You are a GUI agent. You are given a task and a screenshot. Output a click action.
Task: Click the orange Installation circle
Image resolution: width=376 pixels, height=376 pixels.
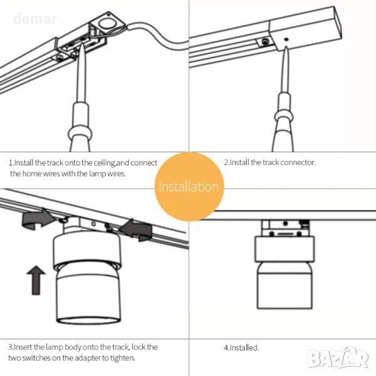pyautogui.click(x=189, y=187)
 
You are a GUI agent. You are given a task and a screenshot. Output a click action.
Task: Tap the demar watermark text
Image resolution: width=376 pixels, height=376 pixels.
pyautogui.click(x=35, y=19)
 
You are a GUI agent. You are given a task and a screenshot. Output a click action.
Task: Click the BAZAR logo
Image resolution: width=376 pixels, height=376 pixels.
pyautogui.click(x=338, y=357)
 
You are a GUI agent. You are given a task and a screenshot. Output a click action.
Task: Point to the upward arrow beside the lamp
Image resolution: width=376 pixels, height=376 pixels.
pyautogui.click(x=36, y=280)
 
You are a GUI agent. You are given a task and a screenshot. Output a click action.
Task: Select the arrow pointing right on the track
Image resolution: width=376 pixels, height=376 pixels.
pyautogui.click(x=38, y=219)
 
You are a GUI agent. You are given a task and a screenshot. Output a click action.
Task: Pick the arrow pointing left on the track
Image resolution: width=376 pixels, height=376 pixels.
pyautogui.click(x=136, y=229)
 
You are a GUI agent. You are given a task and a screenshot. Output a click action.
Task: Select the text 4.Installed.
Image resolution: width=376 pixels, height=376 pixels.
pyautogui.click(x=241, y=347)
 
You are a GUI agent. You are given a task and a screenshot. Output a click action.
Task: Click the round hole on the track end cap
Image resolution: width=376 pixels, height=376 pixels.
pyautogui.click(x=107, y=24)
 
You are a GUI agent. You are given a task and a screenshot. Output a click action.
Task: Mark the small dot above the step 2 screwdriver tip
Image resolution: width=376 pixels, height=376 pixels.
pyautogui.click(x=286, y=39)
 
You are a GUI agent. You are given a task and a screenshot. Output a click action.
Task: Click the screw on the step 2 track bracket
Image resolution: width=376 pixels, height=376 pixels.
pyautogui.click(x=265, y=41)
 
